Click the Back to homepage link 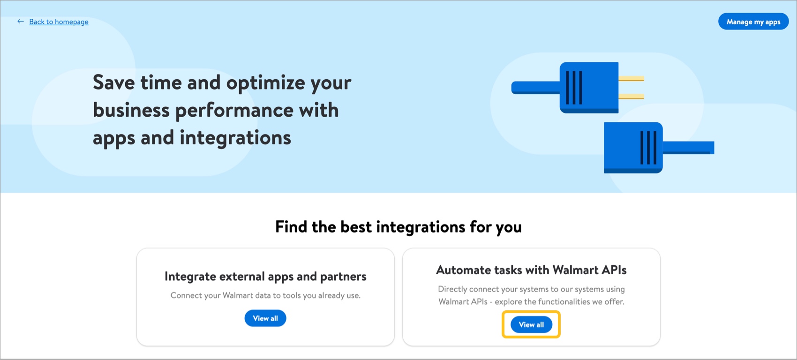59,22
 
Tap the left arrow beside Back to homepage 21,22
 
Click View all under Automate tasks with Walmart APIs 531,324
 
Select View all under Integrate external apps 265,318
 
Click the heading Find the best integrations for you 398,227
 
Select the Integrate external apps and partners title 265,277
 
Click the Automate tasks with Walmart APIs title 531,270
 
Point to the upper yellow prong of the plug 631,79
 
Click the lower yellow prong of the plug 631,96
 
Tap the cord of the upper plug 535,88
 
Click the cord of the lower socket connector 688,148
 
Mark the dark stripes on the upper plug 574,88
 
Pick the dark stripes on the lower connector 649,148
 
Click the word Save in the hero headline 114,82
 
